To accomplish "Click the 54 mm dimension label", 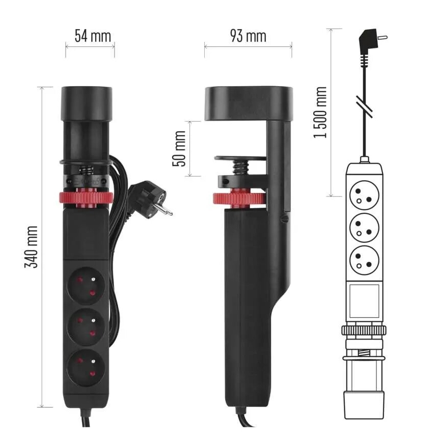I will pyautogui.click(x=92, y=36).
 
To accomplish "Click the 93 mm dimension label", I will pyautogui.click(x=248, y=36).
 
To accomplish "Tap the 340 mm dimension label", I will pyautogui.click(x=32, y=247).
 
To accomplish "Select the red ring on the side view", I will pyautogui.click(x=238, y=198).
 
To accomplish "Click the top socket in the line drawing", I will pyautogui.click(x=364, y=194).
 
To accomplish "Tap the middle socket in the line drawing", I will pyautogui.click(x=364, y=227).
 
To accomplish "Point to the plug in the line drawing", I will pyautogui.click(x=370, y=41).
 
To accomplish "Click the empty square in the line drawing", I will pyautogui.click(x=364, y=299).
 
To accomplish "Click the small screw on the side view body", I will pyautogui.click(x=285, y=219).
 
